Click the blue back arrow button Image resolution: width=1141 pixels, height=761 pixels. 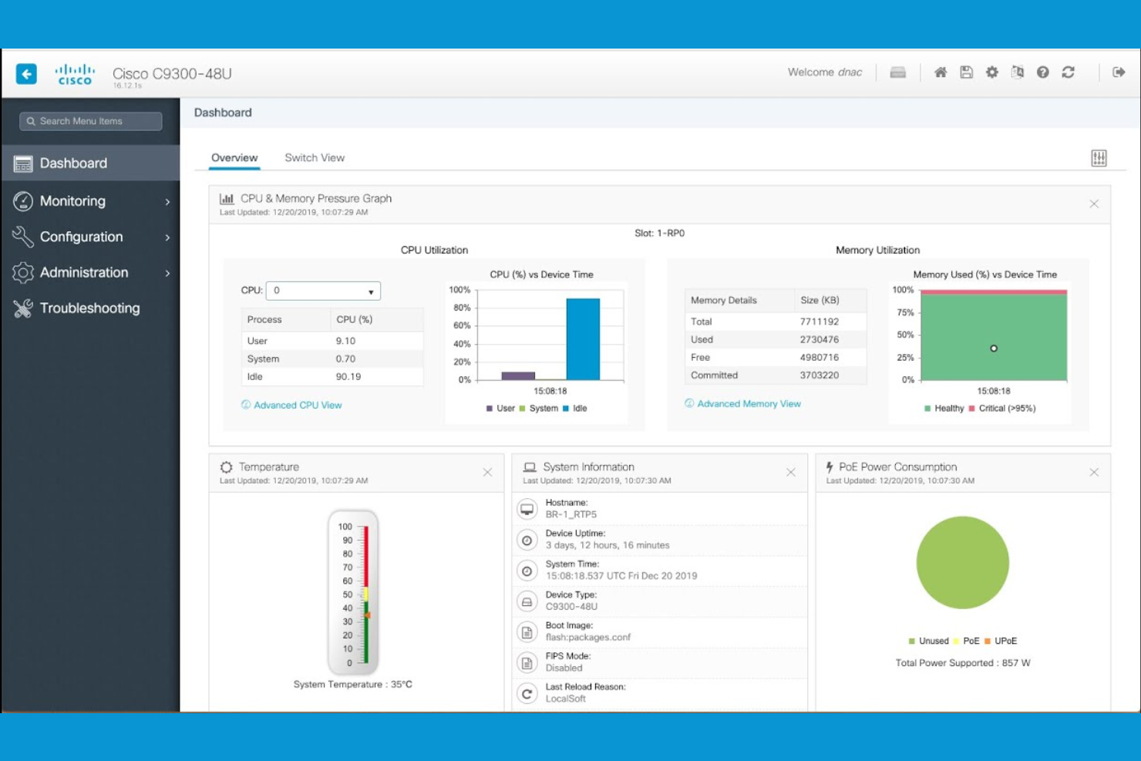click(26, 73)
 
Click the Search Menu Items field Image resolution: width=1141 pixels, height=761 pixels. click(91, 121)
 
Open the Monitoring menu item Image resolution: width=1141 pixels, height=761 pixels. click(73, 201)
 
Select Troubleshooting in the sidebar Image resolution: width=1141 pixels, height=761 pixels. click(89, 308)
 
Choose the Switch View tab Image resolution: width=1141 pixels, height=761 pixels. click(315, 158)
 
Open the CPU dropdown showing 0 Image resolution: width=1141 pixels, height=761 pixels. click(323, 291)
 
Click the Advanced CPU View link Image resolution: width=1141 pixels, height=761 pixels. click(298, 405)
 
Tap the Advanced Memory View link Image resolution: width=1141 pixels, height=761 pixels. click(749, 403)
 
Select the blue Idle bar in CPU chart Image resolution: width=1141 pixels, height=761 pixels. click(583, 339)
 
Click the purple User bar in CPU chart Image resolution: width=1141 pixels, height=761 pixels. click(518, 375)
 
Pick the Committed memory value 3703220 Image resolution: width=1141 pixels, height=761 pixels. click(819, 375)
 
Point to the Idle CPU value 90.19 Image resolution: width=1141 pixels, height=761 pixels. click(348, 377)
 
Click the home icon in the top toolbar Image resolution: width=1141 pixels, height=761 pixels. click(941, 72)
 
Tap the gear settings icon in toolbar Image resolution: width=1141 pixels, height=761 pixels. click(992, 72)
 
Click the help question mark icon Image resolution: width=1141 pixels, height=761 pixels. click(1043, 72)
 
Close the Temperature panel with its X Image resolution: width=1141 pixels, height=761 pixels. click(487, 473)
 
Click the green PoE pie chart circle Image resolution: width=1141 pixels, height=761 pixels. click(962, 563)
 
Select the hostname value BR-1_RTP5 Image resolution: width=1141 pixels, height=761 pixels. click(571, 514)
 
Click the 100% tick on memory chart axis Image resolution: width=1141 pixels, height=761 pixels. click(903, 290)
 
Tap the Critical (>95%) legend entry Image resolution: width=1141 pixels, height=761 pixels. click(1006, 409)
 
